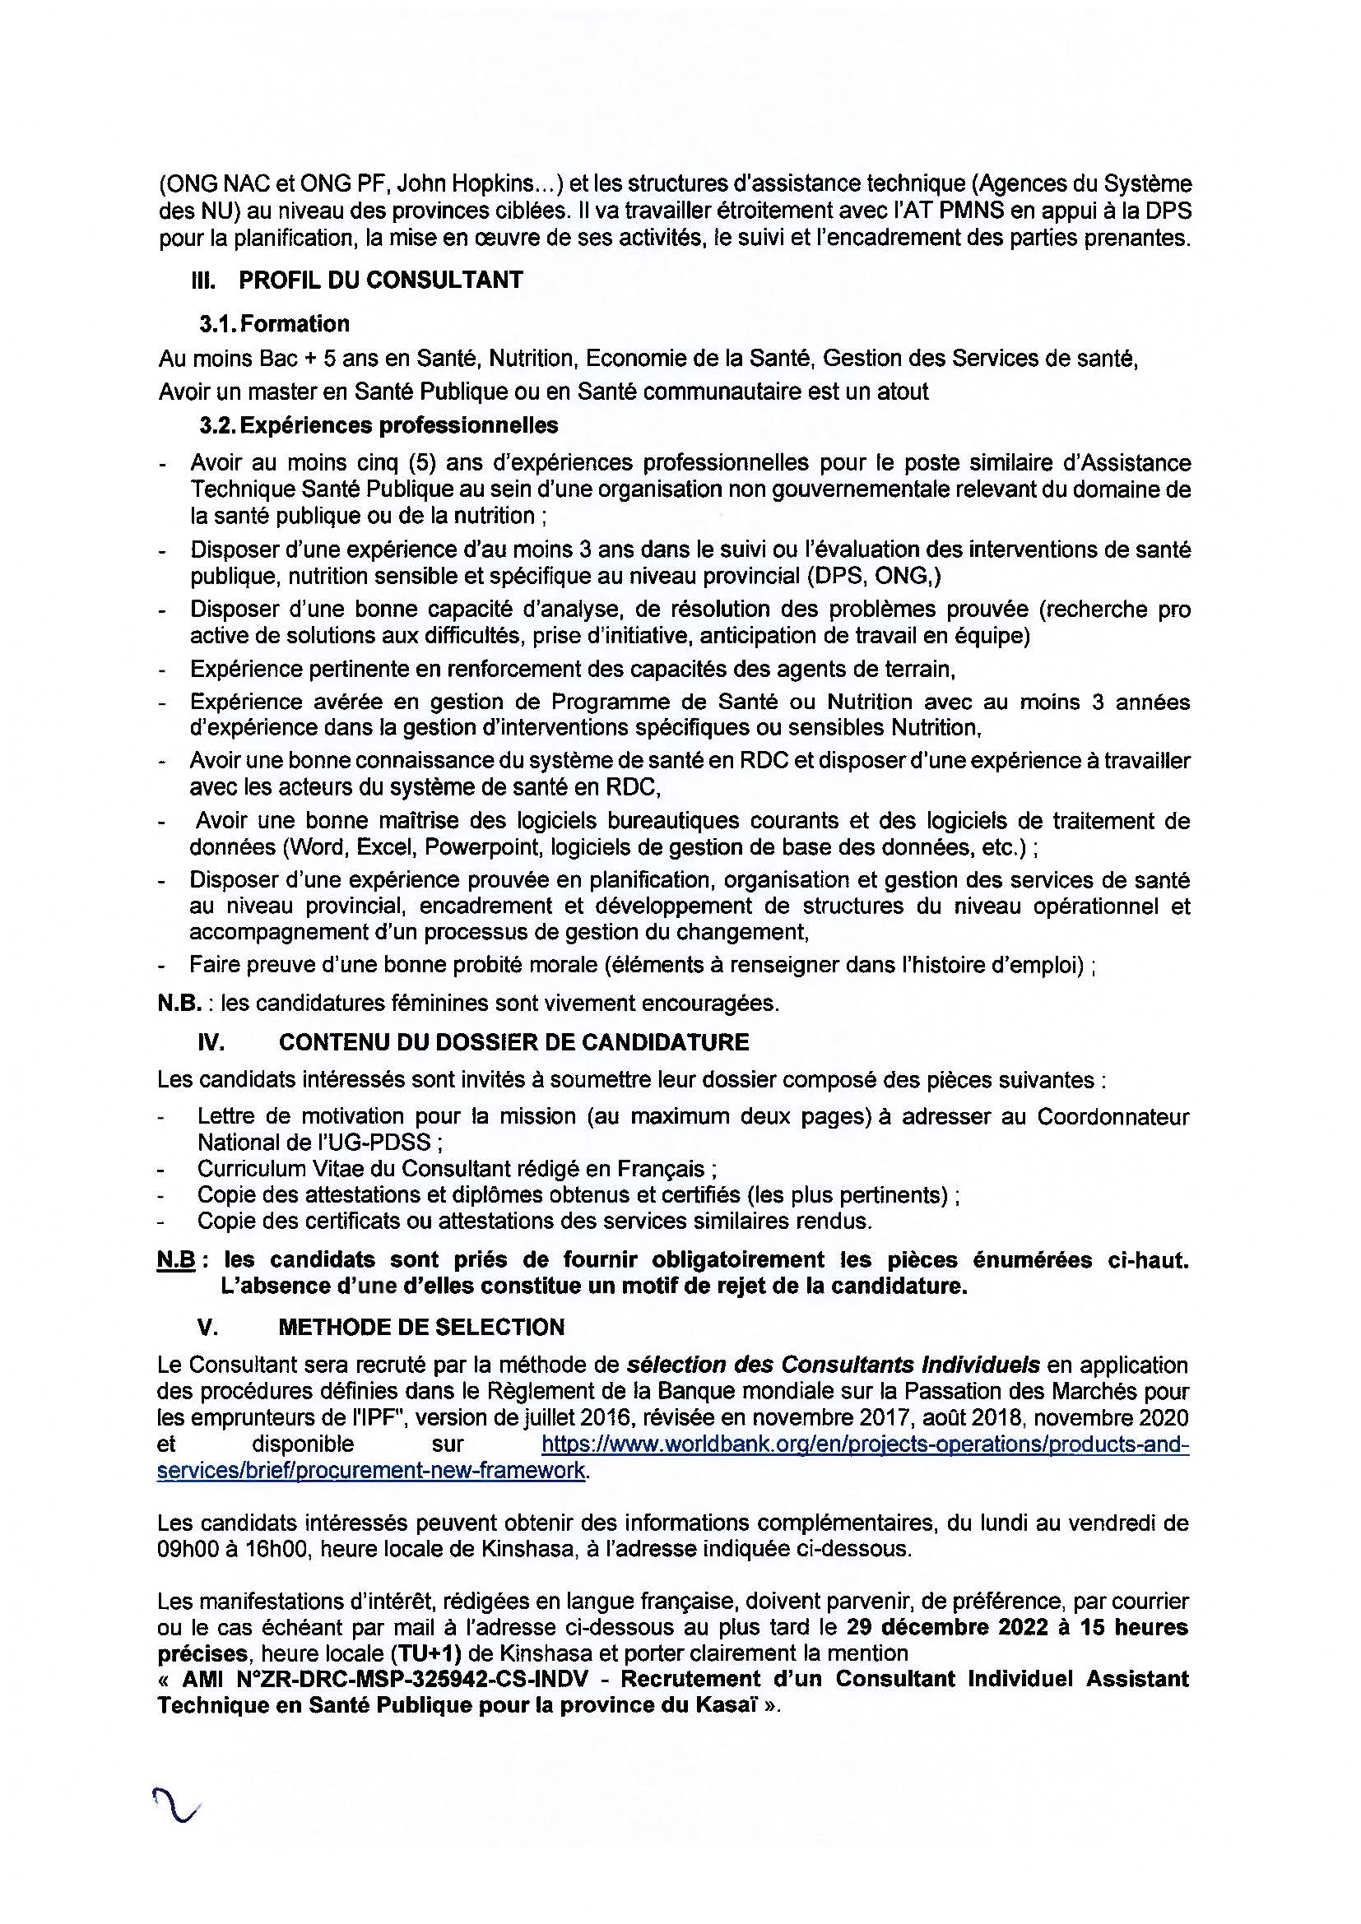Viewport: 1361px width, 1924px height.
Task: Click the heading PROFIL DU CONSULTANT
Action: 380,280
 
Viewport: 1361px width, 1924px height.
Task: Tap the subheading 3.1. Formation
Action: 274,323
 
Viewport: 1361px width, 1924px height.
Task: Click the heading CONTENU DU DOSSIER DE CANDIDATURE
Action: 513,1042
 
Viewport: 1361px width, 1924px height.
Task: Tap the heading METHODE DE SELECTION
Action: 421,1327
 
